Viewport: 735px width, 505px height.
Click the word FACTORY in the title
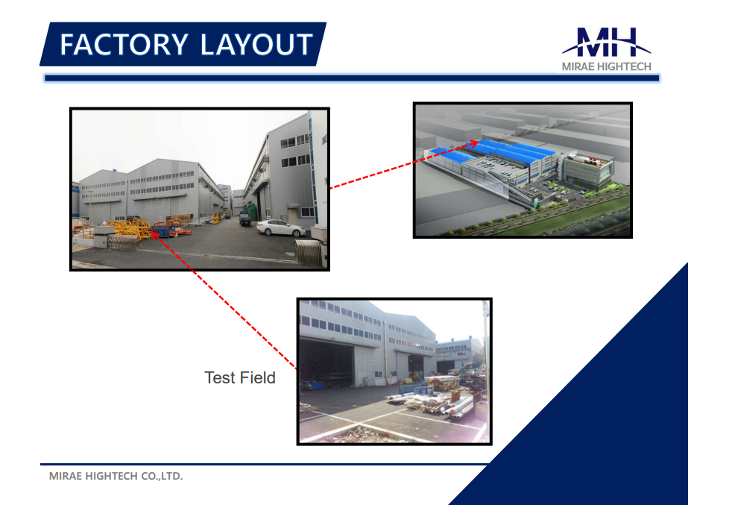tap(124, 45)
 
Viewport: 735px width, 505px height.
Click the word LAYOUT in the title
tap(256, 45)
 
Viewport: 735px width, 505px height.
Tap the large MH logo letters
tap(606, 43)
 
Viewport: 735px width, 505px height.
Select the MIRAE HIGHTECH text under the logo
tap(606, 66)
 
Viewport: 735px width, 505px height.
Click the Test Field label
tap(240, 378)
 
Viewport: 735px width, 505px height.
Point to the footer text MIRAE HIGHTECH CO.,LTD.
tap(116, 476)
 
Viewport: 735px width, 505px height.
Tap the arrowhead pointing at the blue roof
tap(474, 143)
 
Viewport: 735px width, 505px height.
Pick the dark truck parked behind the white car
tap(245, 219)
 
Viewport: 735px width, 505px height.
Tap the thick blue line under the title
tap(352, 78)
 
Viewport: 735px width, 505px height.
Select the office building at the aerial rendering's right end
tap(588, 171)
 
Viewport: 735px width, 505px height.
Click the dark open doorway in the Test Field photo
tap(327, 363)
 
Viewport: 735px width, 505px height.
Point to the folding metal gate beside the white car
tap(309, 252)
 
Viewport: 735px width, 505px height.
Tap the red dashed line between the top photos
tap(404, 165)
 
